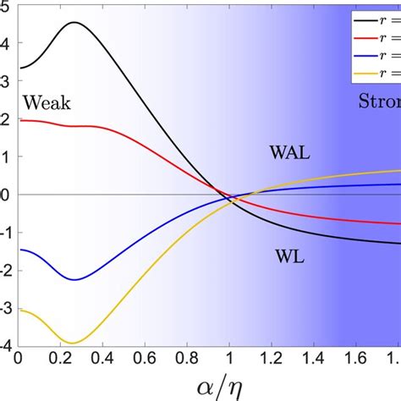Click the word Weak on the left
click(47, 103)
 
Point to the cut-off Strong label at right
click(379, 103)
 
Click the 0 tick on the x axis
click(19, 358)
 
